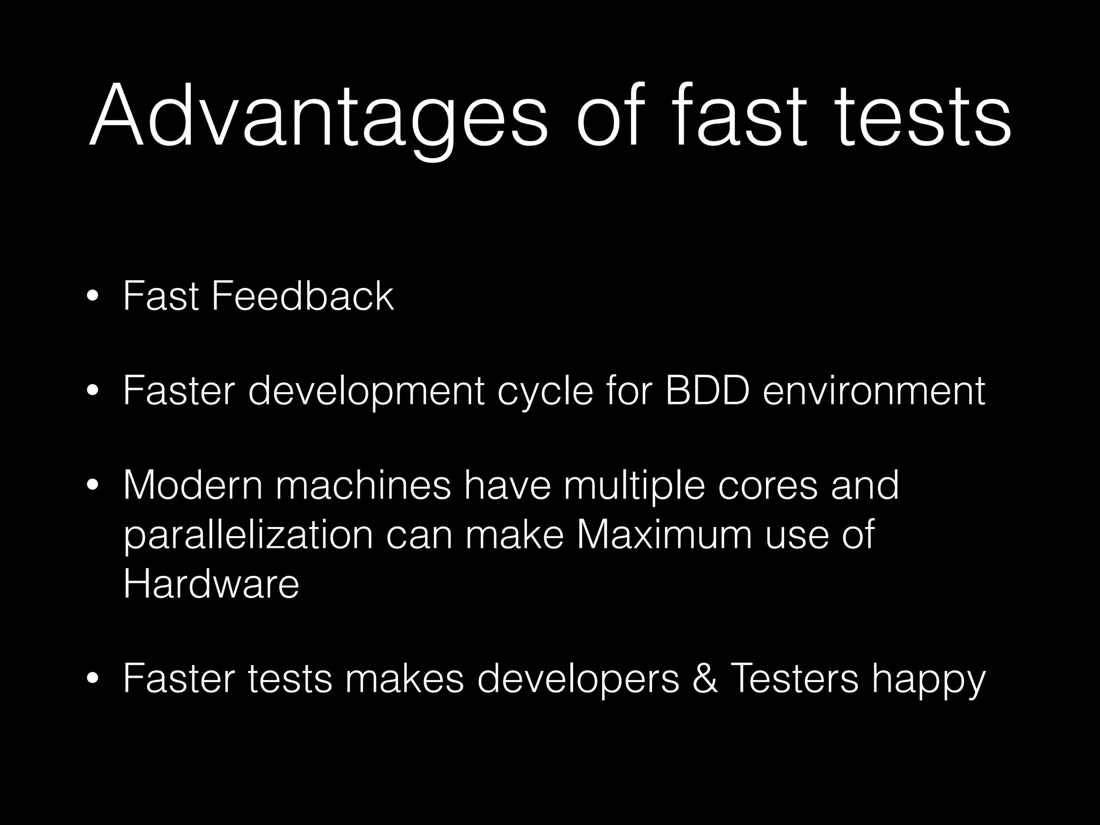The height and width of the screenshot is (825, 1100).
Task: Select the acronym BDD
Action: (707, 390)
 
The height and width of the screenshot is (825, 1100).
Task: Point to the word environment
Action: (874, 390)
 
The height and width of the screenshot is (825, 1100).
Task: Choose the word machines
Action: (364, 485)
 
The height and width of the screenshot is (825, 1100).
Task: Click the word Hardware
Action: (211, 584)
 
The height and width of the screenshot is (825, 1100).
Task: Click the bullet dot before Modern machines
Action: (93, 487)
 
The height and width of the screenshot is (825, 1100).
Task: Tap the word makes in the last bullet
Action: (404, 678)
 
